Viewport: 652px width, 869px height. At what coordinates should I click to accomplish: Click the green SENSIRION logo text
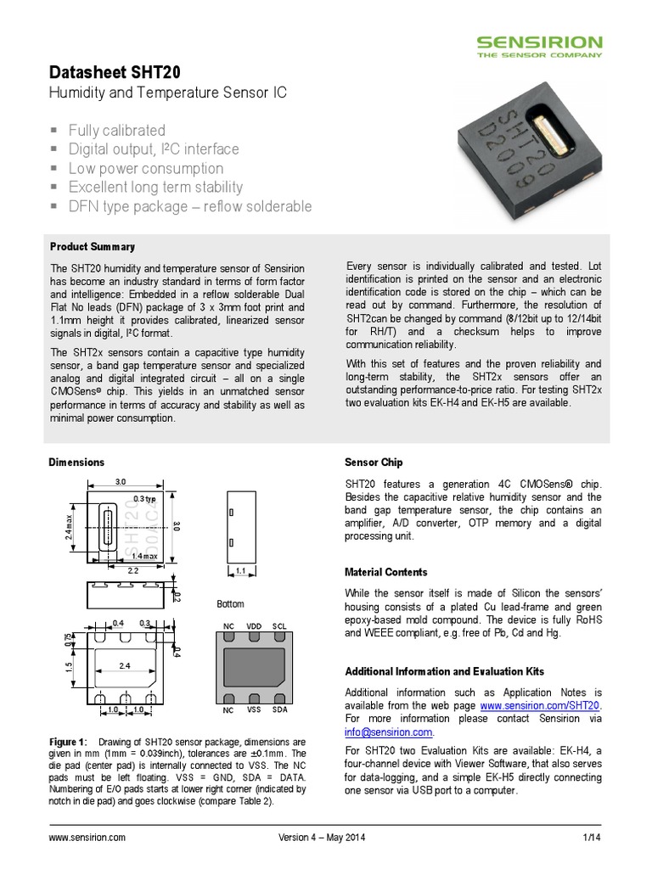(539, 42)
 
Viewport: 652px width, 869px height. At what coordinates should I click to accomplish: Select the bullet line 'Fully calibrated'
(116, 130)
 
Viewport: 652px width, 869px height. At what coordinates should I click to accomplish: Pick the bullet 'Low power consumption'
(145, 168)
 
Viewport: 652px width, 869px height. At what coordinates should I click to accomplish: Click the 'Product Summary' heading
(92, 247)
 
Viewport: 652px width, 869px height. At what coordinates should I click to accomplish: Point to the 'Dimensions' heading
(76, 463)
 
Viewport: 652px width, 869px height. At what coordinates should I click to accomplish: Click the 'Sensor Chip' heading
(374, 463)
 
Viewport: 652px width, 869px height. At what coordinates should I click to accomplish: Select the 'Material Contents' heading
(385, 572)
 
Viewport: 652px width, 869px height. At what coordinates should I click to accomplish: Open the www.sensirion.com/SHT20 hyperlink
(540, 705)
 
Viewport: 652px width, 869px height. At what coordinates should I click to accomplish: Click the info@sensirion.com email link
(388, 732)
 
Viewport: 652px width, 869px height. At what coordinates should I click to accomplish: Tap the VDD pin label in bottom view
(254, 625)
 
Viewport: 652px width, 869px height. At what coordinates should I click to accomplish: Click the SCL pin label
(279, 625)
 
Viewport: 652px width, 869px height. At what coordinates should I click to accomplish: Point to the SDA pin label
(279, 709)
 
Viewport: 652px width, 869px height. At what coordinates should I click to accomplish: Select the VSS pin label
(254, 709)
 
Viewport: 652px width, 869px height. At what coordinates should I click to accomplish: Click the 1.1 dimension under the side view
(241, 571)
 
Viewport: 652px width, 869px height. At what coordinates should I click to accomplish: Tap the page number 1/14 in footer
(591, 838)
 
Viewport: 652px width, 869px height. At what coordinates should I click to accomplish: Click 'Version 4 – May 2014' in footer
(322, 838)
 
